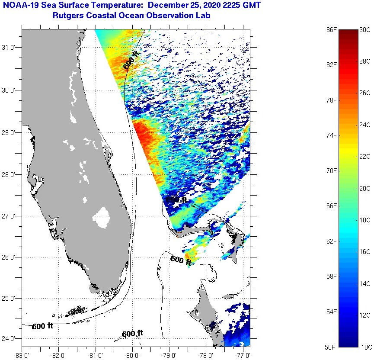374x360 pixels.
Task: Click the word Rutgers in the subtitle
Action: [x=67, y=16]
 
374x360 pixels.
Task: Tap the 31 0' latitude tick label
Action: [x=10, y=48]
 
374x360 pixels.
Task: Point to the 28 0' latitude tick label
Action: [x=10, y=174]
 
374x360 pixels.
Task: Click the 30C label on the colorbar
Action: [x=365, y=29]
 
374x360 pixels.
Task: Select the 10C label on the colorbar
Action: [x=365, y=347]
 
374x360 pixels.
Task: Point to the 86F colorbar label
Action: [x=331, y=29]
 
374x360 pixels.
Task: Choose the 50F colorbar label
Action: [x=331, y=347]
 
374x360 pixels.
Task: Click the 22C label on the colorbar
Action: [x=365, y=157]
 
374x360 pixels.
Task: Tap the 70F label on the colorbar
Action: [x=331, y=171]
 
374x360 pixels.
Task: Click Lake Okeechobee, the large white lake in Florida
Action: [x=102, y=217]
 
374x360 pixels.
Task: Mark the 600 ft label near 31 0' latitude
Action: [x=131, y=61]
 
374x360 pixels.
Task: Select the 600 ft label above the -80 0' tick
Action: [x=132, y=334]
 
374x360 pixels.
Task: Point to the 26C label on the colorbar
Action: [x=365, y=93]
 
